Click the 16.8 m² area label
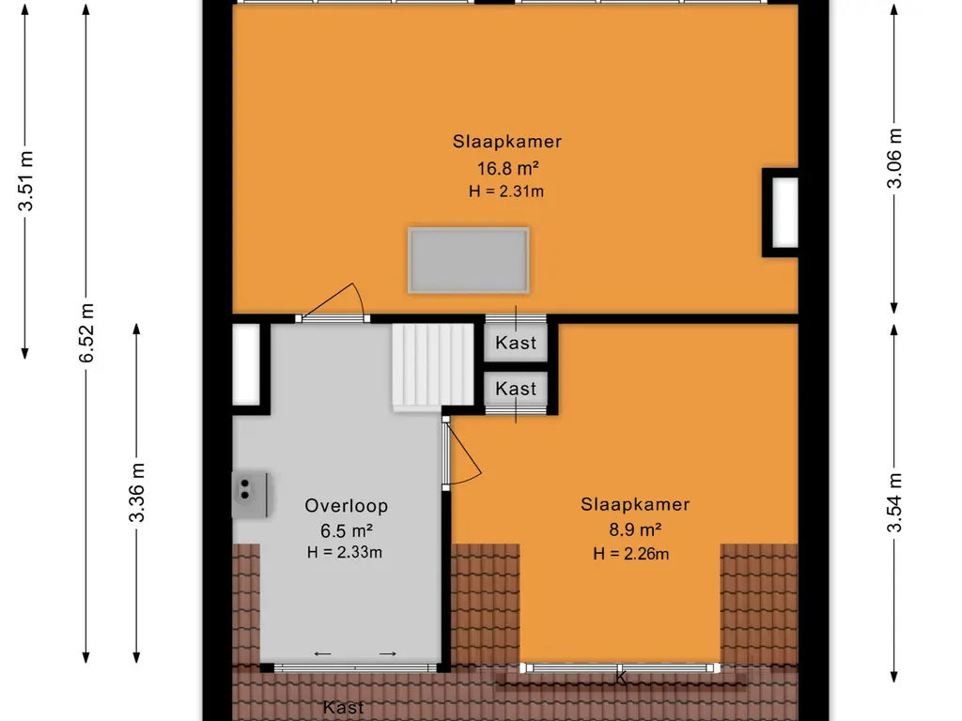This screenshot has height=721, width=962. point(507,167)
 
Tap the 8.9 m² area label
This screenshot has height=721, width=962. point(635,529)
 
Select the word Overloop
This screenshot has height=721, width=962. point(346,506)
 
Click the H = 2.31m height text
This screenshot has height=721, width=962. point(506,192)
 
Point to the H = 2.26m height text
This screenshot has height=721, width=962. point(630,554)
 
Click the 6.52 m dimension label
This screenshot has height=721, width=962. point(86,333)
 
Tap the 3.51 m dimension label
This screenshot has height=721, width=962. point(25,180)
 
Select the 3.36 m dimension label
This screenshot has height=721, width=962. point(137,492)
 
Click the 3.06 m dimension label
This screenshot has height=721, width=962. point(895,158)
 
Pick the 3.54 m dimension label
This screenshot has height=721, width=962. point(895,503)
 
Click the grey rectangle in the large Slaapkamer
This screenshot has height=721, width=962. point(469,261)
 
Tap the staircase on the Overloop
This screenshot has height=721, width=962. point(433,366)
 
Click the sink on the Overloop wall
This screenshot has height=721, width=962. point(250,495)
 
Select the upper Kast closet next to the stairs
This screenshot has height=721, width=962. point(516,342)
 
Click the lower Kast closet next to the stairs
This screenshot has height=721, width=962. point(516,388)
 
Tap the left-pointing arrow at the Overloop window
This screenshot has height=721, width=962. point(323,653)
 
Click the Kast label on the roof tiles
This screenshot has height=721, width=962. point(344,708)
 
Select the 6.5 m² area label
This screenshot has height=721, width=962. point(347,530)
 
